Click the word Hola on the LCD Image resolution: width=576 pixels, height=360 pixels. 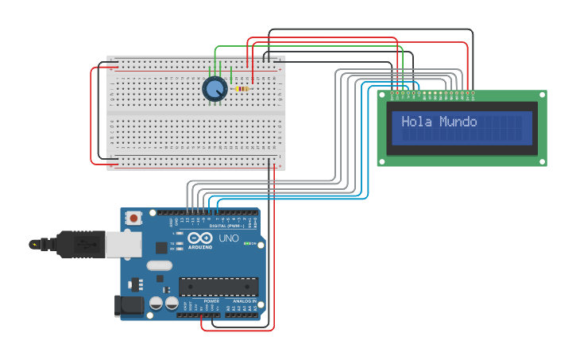(x=416, y=122)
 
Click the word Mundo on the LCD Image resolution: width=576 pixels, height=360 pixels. (x=458, y=122)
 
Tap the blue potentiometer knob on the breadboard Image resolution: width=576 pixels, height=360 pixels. (x=214, y=89)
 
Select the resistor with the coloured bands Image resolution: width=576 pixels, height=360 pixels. (x=242, y=89)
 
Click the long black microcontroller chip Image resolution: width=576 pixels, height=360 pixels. (x=218, y=286)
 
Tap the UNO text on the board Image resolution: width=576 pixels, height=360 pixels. (x=229, y=238)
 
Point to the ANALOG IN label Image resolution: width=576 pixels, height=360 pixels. (x=242, y=302)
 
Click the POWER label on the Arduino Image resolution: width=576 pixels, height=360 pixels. (x=211, y=302)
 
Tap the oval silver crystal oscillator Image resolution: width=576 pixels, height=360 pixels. (x=159, y=266)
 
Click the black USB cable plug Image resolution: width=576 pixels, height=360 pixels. (x=79, y=245)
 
